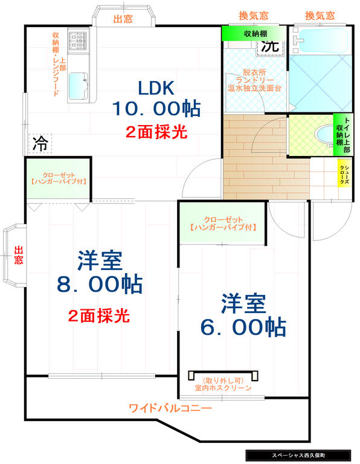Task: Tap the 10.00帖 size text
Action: coord(156,109)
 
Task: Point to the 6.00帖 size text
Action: coord(243,327)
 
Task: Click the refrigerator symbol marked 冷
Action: coord(40,143)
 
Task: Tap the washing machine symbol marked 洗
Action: coord(270,45)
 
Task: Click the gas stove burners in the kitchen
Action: coord(77,40)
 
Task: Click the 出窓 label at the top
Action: coord(123,19)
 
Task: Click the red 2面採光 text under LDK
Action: coord(156,132)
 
